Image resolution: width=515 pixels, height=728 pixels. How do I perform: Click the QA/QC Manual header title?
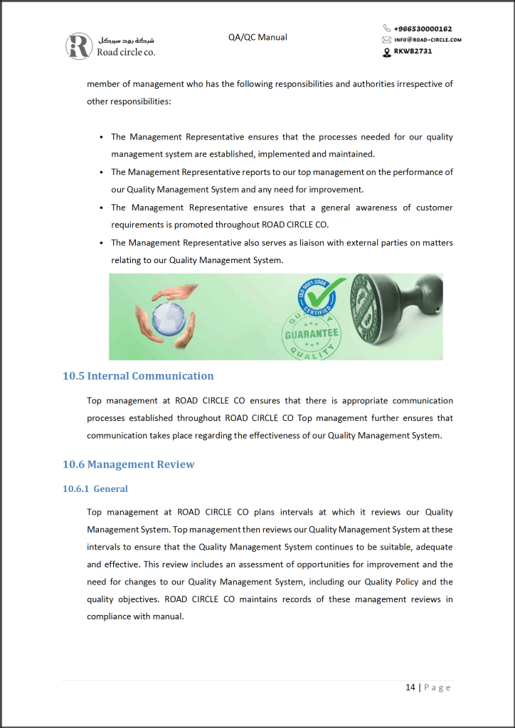point(257,37)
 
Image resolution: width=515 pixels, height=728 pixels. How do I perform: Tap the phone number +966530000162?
point(423,29)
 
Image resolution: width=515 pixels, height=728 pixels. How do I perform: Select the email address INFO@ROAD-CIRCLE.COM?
point(428,40)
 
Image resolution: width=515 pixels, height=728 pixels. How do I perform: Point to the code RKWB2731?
point(413,51)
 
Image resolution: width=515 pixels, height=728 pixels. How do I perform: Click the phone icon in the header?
point(386,29)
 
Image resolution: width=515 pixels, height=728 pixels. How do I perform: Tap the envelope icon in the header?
point(386,40)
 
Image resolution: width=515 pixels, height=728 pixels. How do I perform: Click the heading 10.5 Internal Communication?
point(138,376)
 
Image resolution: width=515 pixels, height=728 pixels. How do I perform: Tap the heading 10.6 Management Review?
point(128,465)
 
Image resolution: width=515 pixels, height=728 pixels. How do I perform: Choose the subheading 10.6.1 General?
point(95,489)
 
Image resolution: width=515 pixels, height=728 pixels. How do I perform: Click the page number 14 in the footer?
point(410,687)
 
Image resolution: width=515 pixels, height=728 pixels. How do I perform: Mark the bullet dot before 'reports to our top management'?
point(102,172)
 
